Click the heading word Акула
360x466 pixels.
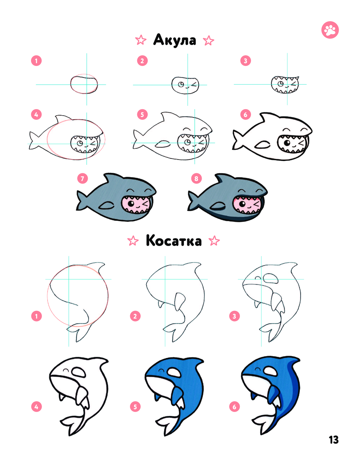[175, 40]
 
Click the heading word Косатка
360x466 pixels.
[174, 241]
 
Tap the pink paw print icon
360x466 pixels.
[330, 30]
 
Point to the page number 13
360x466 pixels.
[334, 440]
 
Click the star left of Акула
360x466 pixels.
[141, 40]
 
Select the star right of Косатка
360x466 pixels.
[214, 241]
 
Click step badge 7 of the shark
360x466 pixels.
[82, 178]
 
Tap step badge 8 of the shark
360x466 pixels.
[197, 178]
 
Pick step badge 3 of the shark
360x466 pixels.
[246, 61]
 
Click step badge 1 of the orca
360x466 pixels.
[36, 316]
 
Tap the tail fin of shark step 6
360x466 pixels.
[238, 140]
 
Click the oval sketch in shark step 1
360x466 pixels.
[84, 84]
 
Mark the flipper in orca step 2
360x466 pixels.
[180, 302]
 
